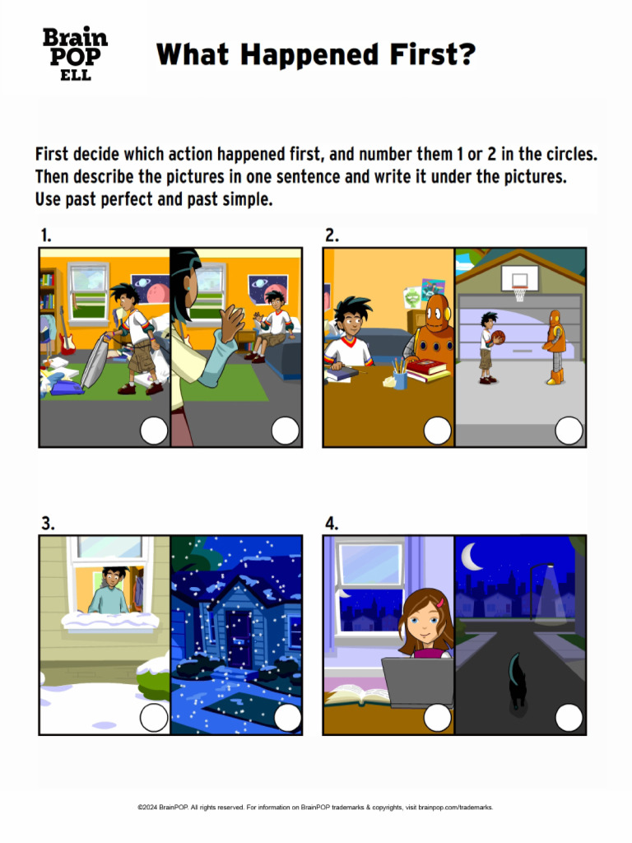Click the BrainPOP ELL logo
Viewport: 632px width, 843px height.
click(x=75, y=54)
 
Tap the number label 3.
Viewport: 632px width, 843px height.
click(x=48, y=523)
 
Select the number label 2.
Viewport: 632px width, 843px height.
click(x=332, y=235)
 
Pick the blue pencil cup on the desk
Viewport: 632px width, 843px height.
click(x=401, y=380)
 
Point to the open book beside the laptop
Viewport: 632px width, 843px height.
click(x=356, y=696)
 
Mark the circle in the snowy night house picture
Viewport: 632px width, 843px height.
click(x=287, y=717)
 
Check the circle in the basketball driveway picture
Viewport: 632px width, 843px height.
click(x=569, y=430)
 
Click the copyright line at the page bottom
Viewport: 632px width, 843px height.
click(x=315, y=808)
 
